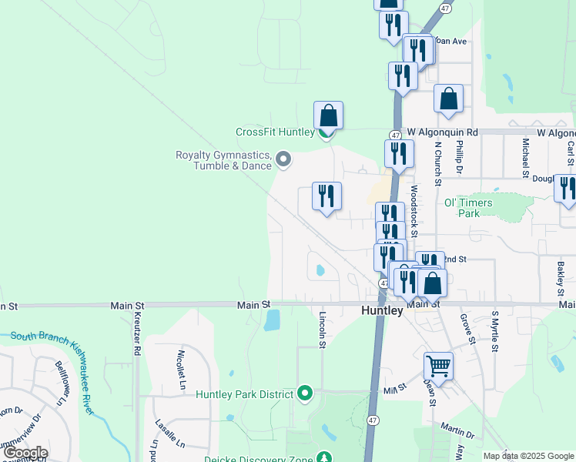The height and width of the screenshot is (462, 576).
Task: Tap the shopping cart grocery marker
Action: [438, 366]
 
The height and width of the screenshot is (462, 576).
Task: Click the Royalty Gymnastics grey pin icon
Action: [283, 160]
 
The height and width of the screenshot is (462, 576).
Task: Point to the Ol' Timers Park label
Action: [468, 207]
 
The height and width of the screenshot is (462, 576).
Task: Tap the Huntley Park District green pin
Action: [305, 394]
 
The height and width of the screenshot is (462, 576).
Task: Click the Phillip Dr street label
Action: [459, 156]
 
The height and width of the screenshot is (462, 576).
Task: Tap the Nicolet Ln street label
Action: [182, 367]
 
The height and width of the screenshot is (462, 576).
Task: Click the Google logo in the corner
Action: [25, 453]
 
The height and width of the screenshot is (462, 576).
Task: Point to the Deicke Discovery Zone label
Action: [258, 460]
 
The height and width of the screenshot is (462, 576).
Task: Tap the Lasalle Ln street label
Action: [169, 434]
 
